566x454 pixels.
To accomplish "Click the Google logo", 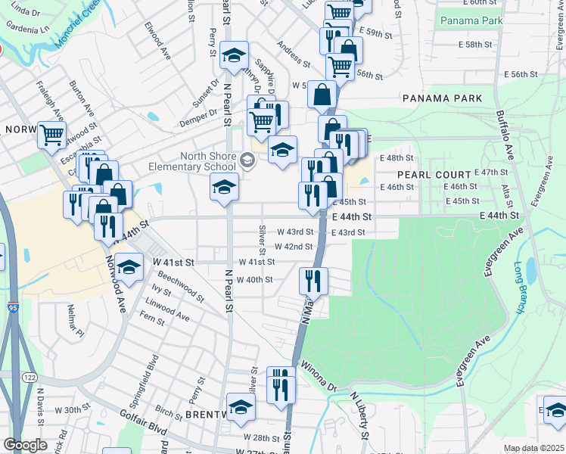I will [25, 445].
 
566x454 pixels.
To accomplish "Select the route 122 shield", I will [30, 377].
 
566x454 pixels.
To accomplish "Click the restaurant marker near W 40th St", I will [311, 281].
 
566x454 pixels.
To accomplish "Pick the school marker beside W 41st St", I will [129, 267].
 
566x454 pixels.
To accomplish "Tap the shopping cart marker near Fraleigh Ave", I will [52, 135].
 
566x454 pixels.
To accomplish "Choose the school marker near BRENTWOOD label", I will [241, 406].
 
